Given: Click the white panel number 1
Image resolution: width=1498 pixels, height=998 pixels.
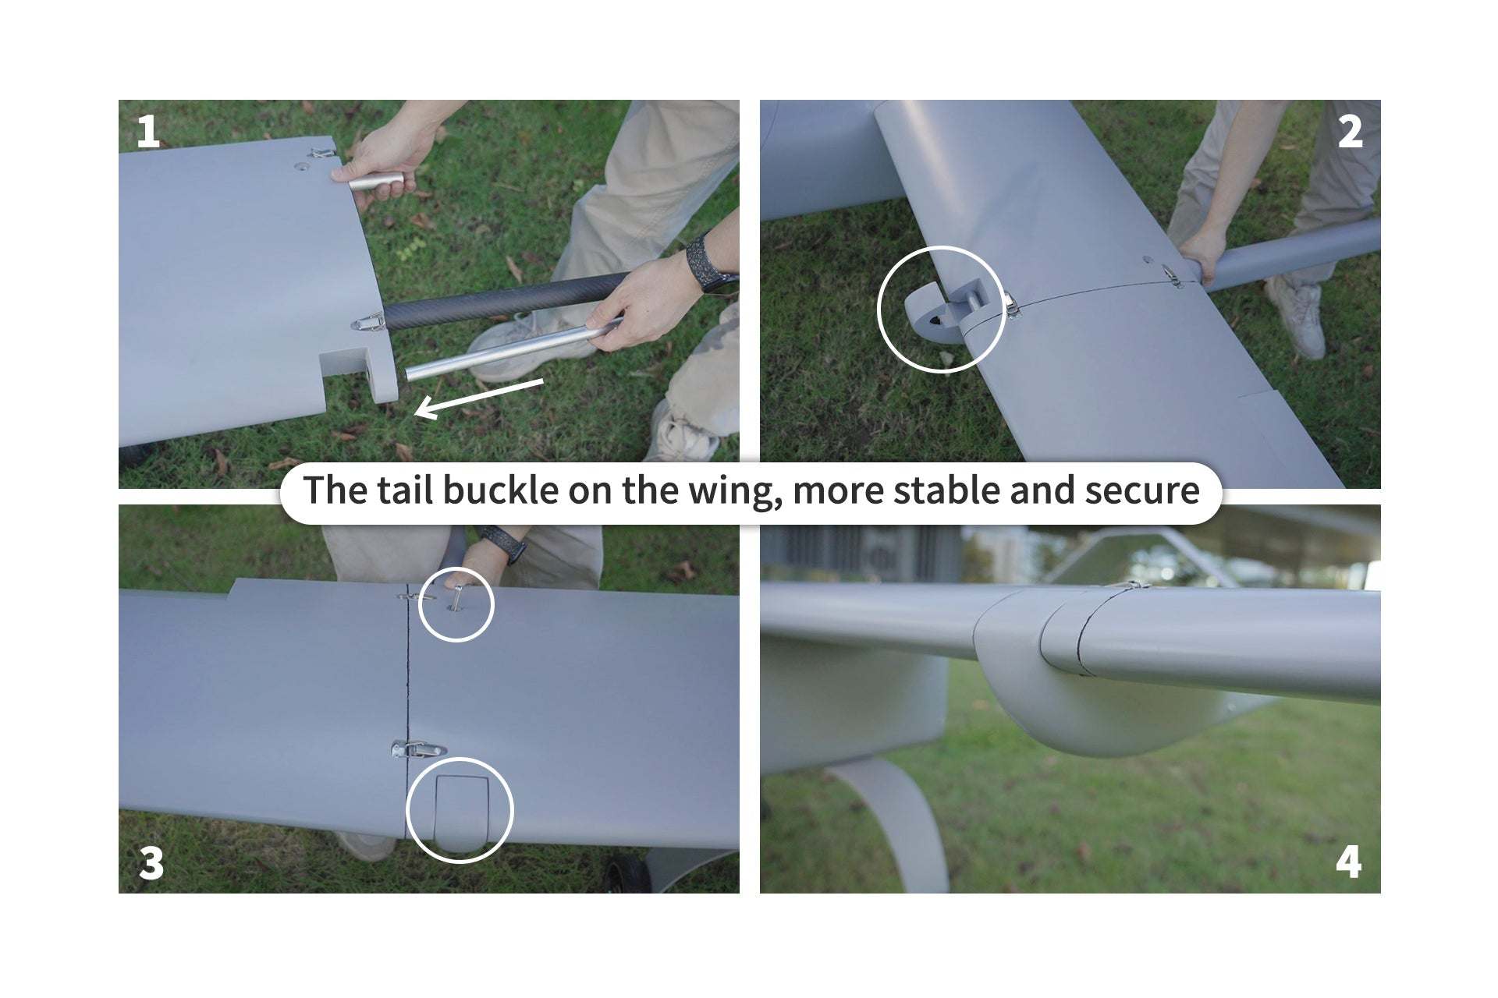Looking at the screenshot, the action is click(x=147, y=132).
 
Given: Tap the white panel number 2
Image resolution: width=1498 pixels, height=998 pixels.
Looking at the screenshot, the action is click(x=1351, y=132).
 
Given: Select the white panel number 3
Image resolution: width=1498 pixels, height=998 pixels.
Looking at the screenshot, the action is click(x=151, y=862).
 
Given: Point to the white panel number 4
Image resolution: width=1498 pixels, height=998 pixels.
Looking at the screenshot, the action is click(x=1349, y=862).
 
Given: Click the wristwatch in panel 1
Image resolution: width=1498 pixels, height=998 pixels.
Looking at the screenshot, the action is click(x=707, y=263).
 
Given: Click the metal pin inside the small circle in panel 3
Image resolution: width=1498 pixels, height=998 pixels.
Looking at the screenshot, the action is click(x=457, y=598).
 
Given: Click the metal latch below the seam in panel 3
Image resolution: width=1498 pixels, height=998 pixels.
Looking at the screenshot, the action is click(x=417, y=750).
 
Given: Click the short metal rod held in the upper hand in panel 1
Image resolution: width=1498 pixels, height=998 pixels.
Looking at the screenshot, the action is click(x=376, y=182).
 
